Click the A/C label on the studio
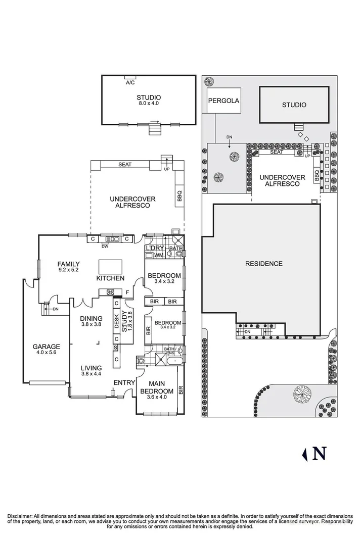pos(130,82)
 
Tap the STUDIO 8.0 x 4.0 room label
pos(149,100)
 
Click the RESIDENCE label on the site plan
pos(263,263)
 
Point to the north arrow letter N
pos(319,454)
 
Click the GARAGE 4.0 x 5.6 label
pos(47,350)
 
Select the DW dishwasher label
pos(105,247)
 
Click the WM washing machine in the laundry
pos(158,255)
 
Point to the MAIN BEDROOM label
pos(156,387)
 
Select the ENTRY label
pos(123,382)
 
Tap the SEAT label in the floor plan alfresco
pos(124,165)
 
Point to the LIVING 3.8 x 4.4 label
pos(92,371)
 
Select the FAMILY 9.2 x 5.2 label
pos(68,267)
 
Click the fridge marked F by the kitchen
pos(127,292)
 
